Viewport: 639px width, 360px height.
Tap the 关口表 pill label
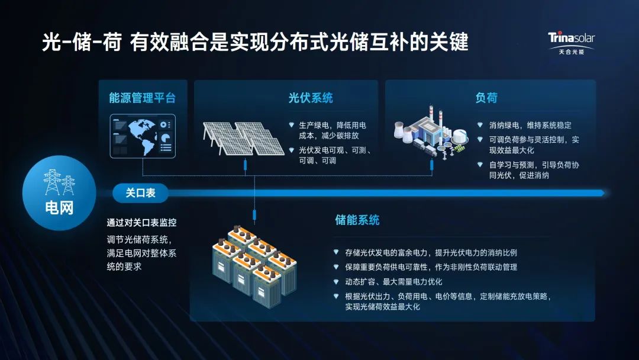140,192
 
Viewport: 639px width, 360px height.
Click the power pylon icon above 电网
59,182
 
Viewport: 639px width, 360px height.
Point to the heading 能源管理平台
143,98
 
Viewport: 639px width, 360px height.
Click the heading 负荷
486,98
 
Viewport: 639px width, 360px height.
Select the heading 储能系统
357,220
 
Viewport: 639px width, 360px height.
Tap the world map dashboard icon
143,136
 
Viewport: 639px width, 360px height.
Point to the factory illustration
427,133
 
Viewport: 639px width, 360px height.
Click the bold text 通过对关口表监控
141,223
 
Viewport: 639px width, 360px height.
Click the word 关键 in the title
450,43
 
